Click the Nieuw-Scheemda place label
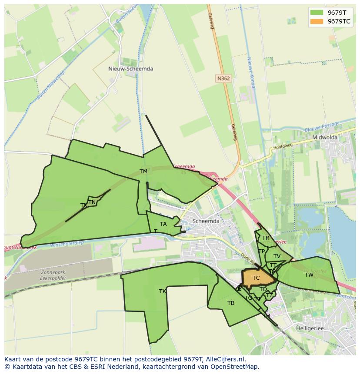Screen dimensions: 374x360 click(x=130, y=69)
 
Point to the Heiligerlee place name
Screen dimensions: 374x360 click(x=310, y=328)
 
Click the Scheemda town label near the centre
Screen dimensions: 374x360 click(x=206, y=221)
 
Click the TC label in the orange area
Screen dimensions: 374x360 click(x=256, y=278)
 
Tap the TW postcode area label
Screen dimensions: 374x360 click(x=309, y=275)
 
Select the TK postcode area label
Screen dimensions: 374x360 click(x=163, y=291)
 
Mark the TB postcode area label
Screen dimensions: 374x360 click(x=231, y=303)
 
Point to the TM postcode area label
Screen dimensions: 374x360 click(x=143, y=172)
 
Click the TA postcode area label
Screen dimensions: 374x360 click(x=163, y=224)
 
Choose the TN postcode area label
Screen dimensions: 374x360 click(x=92, y=202)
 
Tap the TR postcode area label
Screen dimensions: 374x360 click(x=266, y=238)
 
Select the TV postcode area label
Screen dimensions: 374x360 click(x=277, y=256)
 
